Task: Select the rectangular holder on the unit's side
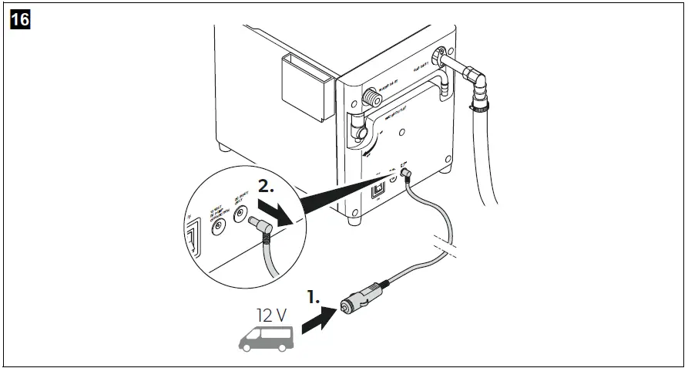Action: pos(307,87)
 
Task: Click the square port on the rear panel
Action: pos(378,189)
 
